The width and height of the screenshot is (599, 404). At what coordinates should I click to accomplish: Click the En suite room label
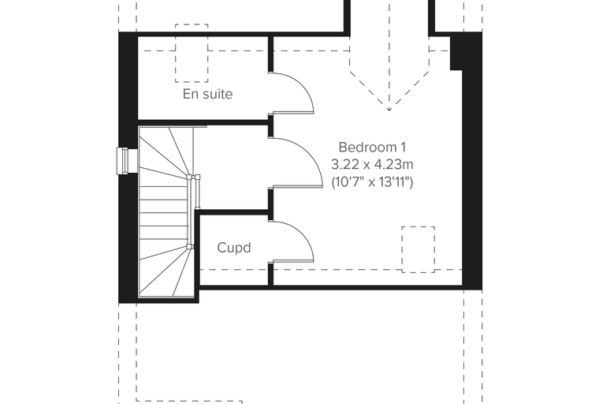click(207, 94)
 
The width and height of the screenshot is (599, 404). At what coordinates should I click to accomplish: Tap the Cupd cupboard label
click(234, 248)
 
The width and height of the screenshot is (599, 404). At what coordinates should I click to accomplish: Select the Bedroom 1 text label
click(372, 147)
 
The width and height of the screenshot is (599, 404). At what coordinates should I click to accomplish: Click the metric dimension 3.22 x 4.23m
click(372, 164)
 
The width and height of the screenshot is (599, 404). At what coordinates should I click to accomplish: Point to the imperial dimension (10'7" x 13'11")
click(372, 181)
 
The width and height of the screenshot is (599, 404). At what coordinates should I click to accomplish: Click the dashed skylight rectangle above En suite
click(192, 53)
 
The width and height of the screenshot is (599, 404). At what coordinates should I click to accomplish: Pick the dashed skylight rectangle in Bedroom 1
click(418, 249)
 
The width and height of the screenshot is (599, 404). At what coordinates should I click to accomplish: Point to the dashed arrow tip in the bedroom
click(389, 110)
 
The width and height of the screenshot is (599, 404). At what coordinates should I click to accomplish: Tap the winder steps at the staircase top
click(165, 152)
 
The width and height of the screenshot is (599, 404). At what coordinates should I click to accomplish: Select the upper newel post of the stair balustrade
click(188, 177)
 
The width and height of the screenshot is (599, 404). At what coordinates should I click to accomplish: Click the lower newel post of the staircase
click(188, 246)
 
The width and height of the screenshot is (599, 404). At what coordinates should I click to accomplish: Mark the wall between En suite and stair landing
click(203, 123)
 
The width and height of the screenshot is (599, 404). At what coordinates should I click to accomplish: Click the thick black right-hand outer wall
click(472, 161)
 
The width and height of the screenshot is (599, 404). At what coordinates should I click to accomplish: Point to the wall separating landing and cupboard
click(234, 212)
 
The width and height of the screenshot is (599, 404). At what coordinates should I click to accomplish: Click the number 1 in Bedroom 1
click(403, 147)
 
